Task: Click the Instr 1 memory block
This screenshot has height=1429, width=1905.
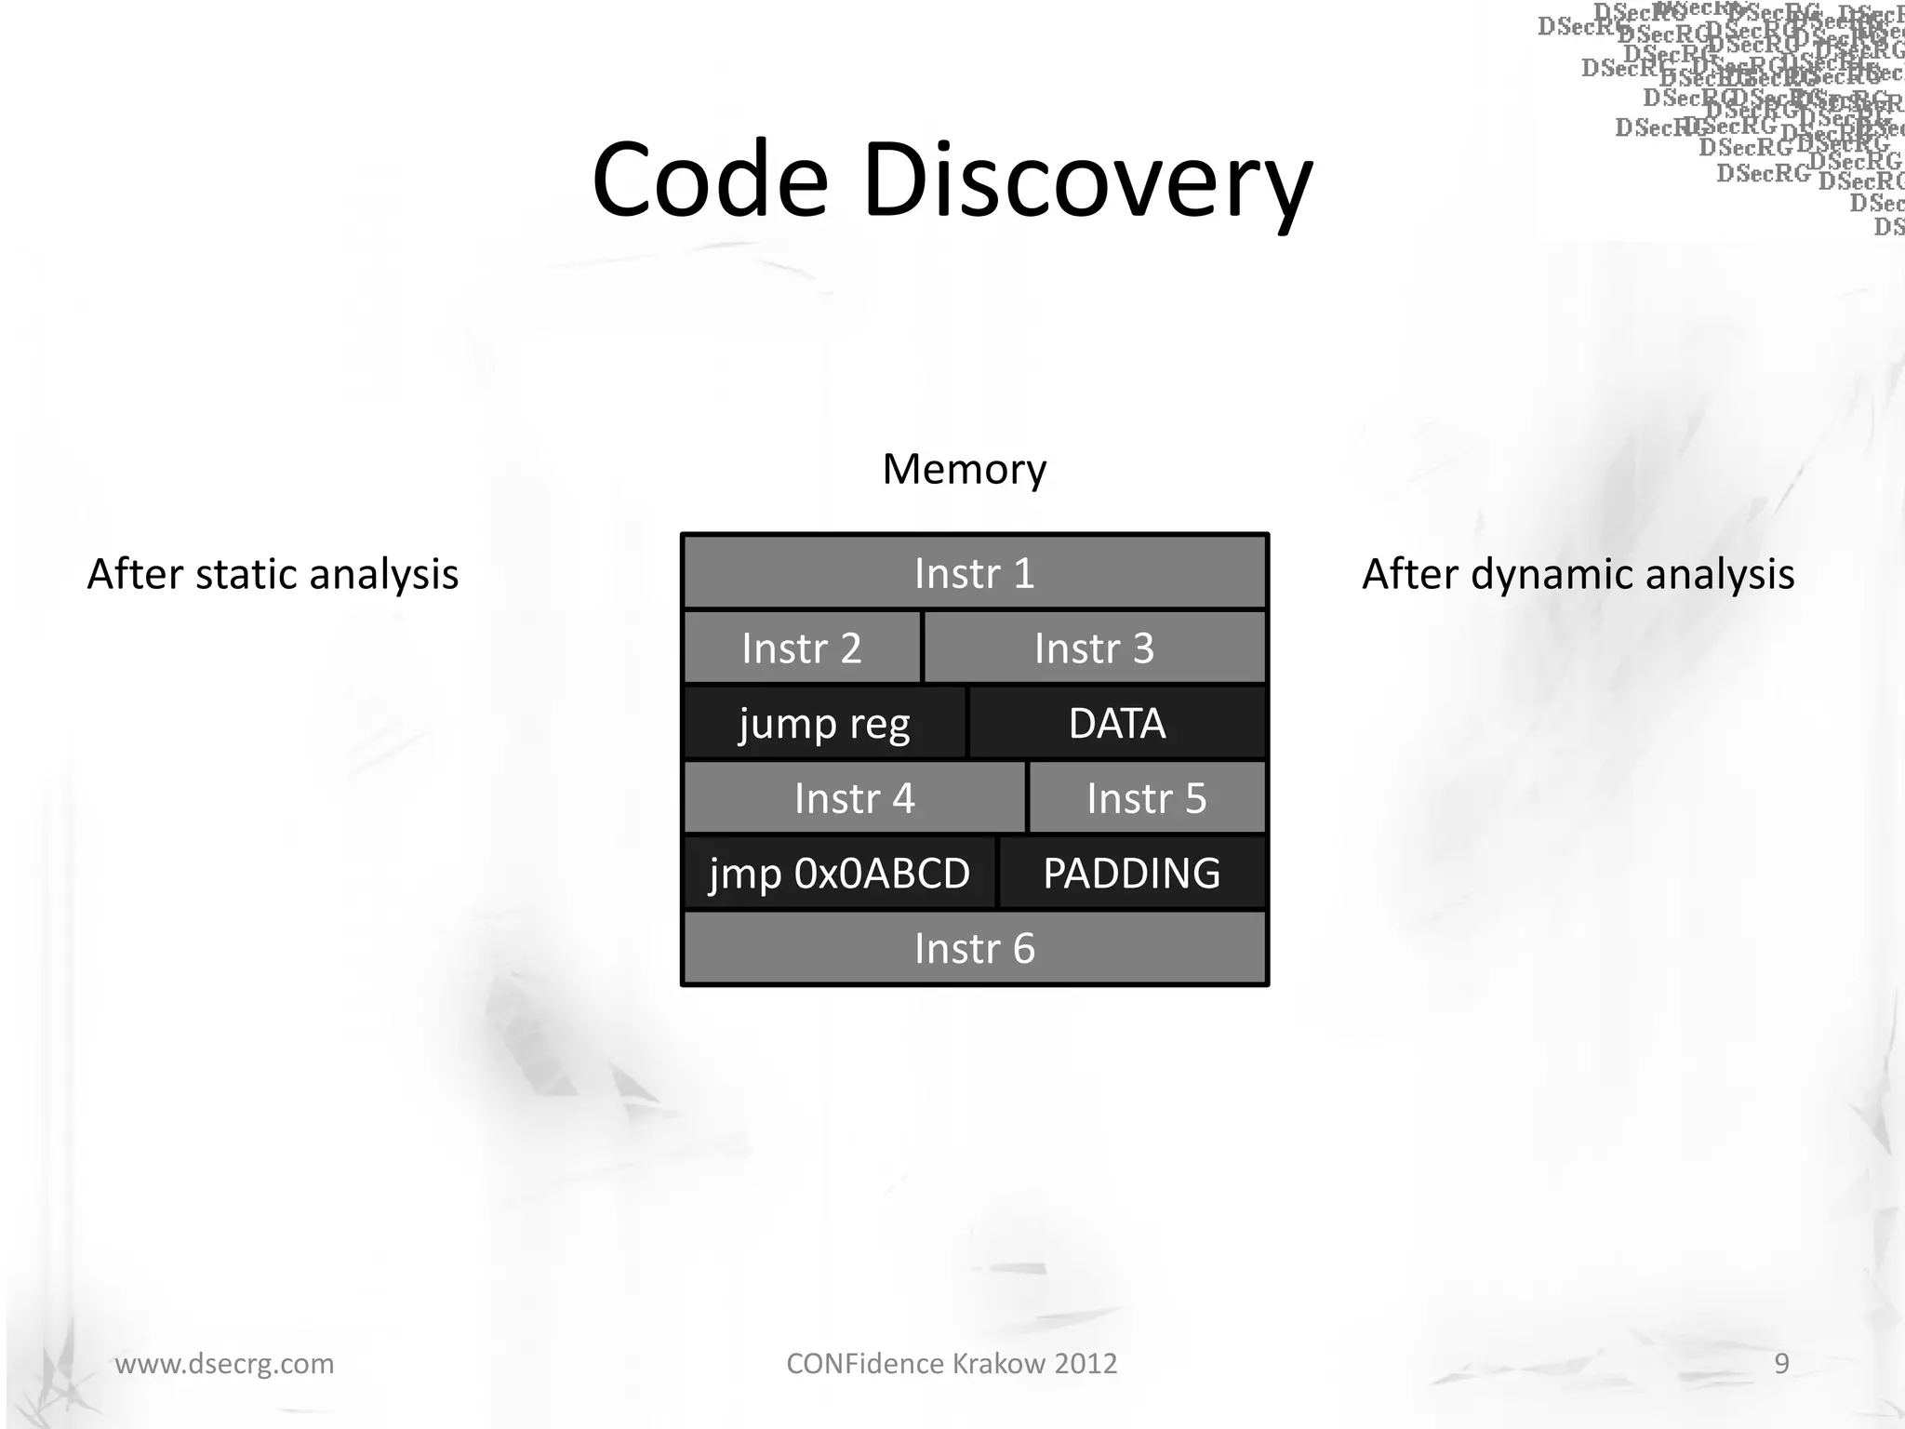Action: pos(974,573)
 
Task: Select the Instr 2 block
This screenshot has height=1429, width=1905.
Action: pos(802,648)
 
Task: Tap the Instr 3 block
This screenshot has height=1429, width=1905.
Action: pos(1094,648)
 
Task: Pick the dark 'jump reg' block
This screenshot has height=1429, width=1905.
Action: pos(824,724)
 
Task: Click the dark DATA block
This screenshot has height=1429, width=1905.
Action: pos(1116,724)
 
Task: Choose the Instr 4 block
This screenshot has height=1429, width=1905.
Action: pos(854,798)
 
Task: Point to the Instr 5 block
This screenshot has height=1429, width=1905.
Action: pos(1146,798)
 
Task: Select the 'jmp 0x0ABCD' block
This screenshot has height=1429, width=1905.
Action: pos(839,874)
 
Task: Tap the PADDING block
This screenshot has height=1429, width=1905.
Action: pos(1131,874)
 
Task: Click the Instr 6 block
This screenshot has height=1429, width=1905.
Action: pos(974,949)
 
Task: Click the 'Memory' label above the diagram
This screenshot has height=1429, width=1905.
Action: pos(964,469)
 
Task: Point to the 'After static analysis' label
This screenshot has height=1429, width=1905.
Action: pos(273,574)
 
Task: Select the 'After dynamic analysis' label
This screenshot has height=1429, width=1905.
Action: pos(1578,574)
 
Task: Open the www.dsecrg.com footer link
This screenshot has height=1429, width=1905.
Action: pos(224,1363)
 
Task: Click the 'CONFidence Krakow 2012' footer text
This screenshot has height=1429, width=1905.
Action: pos(952,1363)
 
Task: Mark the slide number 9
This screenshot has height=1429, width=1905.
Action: pos(1781,1363)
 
